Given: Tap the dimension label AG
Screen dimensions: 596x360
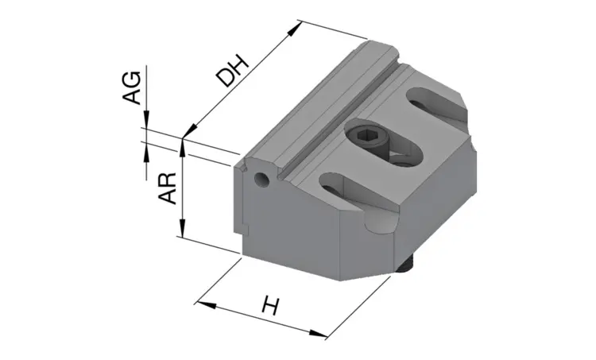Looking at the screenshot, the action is [x=132, y=87].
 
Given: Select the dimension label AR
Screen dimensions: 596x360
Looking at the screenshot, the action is [x=168, y=188].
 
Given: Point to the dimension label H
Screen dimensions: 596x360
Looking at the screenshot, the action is [x=271, y=306].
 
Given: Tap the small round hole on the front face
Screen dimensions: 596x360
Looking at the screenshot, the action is [x=261, y=178].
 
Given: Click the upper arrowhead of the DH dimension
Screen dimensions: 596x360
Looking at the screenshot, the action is [x=295, y=29].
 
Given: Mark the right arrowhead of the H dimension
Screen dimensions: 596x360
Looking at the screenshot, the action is [x=317, y=334].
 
